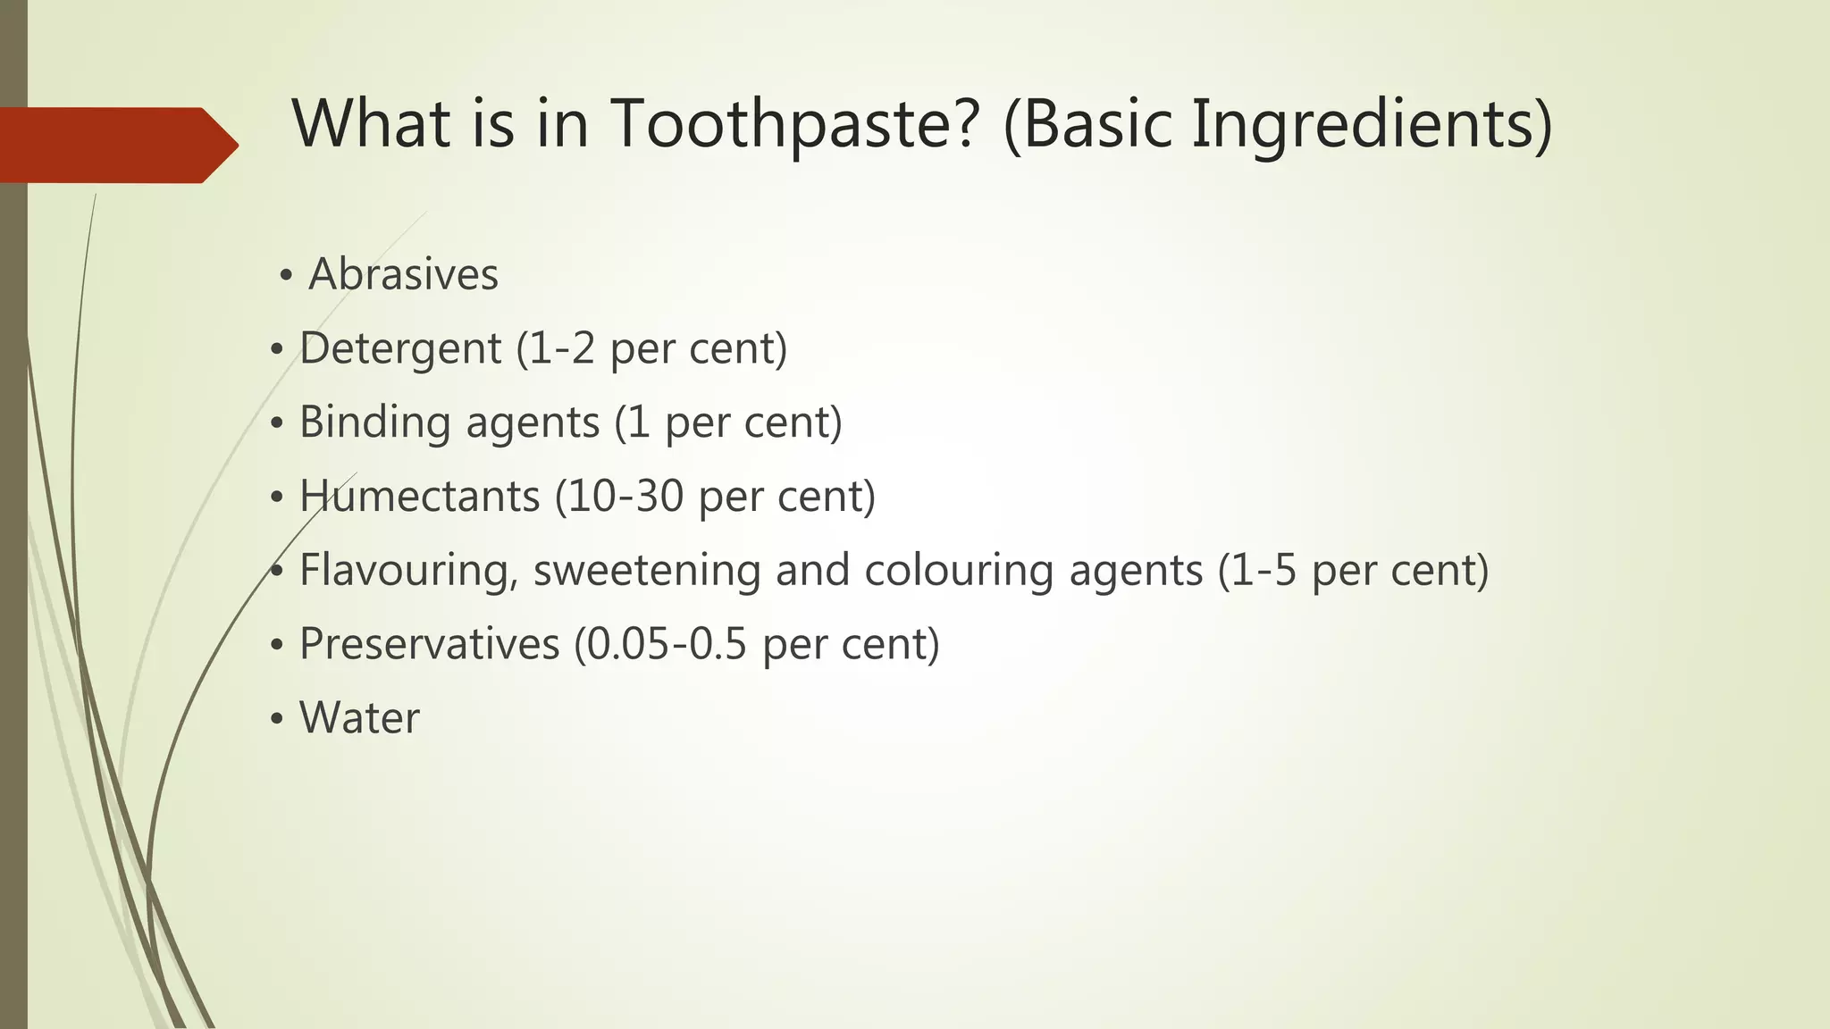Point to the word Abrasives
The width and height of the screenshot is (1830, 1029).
coord(403,274)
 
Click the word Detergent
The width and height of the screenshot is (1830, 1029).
coord(399,348)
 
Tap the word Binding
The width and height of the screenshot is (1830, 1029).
coord(373,422)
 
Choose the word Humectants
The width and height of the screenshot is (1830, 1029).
coord(419,496)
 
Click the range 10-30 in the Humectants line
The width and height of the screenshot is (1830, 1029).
coord(625,496)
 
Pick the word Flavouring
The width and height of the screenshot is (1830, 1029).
coord(408,571)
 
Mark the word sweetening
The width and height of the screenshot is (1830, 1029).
coord(646,571)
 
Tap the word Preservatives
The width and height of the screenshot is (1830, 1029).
coord(429,644)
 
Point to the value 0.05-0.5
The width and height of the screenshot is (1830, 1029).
coord(667,644)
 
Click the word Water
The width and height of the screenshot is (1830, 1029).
coord(359,718)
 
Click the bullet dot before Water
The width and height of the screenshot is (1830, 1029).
coord(278,718)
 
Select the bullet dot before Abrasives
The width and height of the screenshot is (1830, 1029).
coord(286,275)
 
